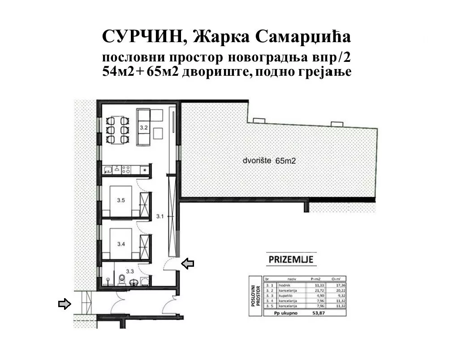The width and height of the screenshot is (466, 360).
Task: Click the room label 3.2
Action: tap(143, 128)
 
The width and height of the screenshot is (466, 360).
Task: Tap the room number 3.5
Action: tap(120, 201)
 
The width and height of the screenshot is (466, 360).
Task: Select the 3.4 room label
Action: tap(120, 244)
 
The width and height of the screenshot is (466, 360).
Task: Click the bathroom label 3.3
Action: tap(129, 271)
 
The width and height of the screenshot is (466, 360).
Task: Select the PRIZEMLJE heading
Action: tap(291, 259)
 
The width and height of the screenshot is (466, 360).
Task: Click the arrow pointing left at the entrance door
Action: tap(188, 264)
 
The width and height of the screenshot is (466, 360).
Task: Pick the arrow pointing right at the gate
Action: tap(65, 304)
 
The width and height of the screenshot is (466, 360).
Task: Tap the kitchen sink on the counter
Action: tap(108, 169)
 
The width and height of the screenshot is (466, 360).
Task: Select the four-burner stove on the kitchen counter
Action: tap(125, 169)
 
